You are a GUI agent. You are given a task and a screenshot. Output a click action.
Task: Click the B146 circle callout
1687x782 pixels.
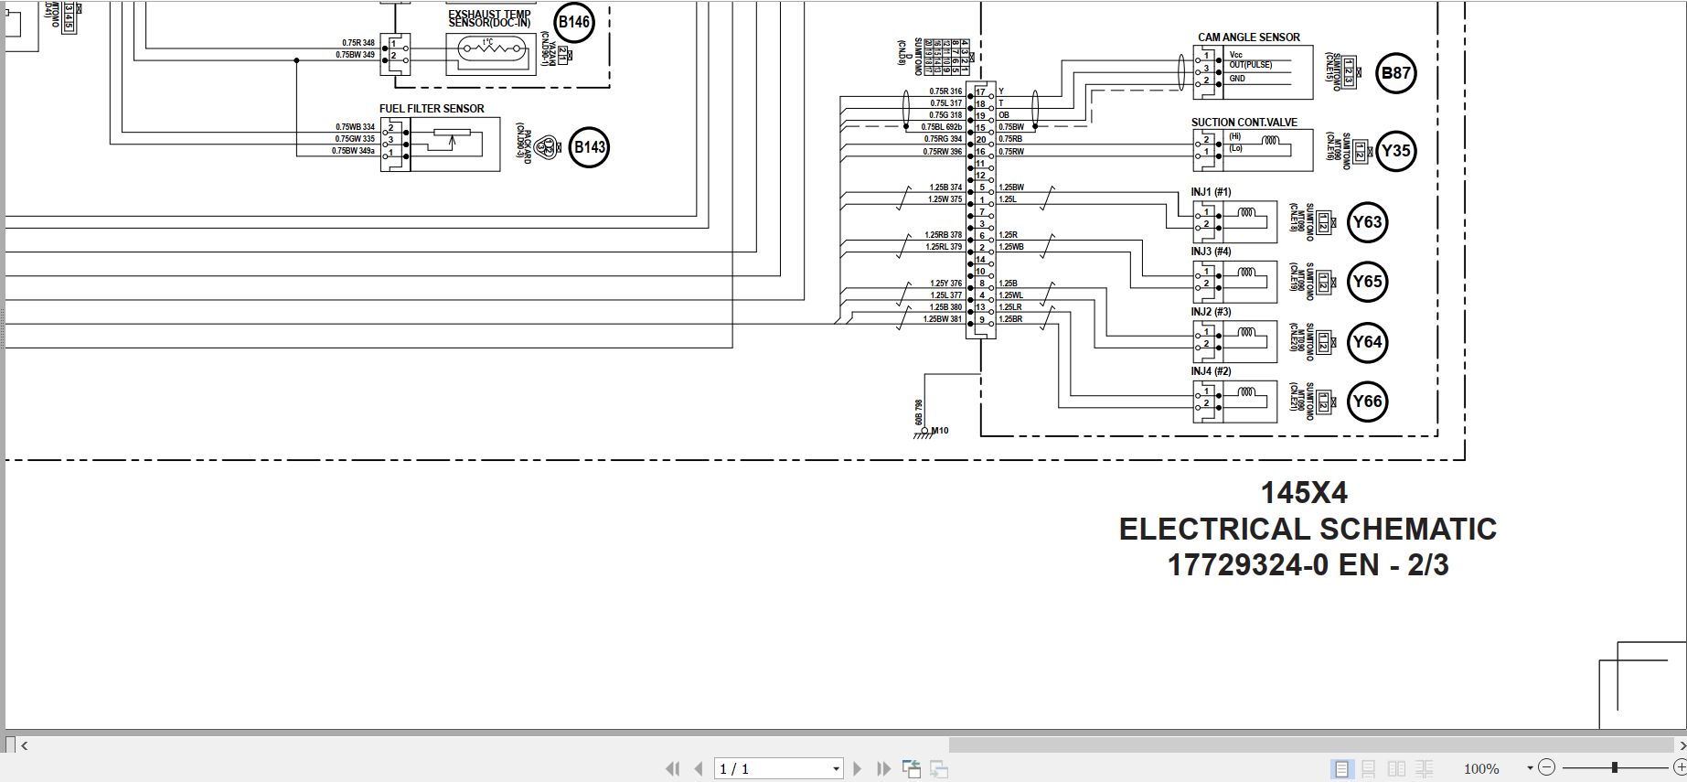pyautogui.click(x=574, y=22)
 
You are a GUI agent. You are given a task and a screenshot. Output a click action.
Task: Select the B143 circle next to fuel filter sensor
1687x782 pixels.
pyautogui.click(x=589, y=147)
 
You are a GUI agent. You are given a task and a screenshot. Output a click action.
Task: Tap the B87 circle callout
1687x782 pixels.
pyautogui.click(x=1395, y=73)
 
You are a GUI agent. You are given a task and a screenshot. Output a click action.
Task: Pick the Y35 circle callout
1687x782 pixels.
pyautogui.click(x=1395, y=151)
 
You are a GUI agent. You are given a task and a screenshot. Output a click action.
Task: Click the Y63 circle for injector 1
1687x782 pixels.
pyautogui.click(x=1367, y=222)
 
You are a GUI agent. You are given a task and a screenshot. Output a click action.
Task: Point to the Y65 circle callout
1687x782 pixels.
pyautogui.click(x=1367, y=282)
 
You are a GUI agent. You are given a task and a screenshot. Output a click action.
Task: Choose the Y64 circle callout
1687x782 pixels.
pyautogui.click(x=1367, y=342)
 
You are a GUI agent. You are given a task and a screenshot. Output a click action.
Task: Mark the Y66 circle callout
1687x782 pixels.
pyautogui.click(x=1367, y=402)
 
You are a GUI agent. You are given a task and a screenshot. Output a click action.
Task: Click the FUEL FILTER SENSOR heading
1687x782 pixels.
pyautogui.click(x=432, y=109)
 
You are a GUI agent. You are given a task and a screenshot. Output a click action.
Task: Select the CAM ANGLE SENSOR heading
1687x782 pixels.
pyautogui.click(x=1248, y=37)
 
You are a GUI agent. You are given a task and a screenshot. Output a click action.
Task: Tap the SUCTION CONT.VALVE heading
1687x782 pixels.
pyautogui.click(x=1244, y=123)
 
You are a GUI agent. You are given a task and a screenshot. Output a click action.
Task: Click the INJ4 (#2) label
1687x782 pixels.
pyautogui.click(x=1211, y=371)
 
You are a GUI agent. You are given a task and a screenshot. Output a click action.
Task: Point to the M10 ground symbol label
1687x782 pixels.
pyautogui.click(x=939, y=431)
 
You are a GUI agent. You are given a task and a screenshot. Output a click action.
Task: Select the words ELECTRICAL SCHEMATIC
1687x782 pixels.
pyautogui.click(x=1308, y=529)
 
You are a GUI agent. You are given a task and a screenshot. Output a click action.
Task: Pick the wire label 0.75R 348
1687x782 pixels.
pyautogui.click(x=358, y=43)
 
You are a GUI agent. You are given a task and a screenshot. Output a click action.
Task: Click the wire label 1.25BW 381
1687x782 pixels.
pyautogui.click(x=942, y=319)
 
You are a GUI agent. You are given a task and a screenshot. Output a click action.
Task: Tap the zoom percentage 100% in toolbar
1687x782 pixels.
pyautogui.click(x=1480, y=769)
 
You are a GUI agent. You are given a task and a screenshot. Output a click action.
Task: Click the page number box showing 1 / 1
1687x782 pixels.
pyautogui.click(x=777, y=769)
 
